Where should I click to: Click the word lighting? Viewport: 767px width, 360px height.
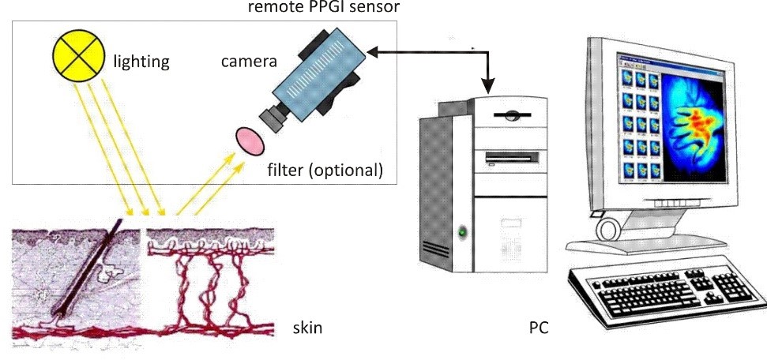(x=141, y=61)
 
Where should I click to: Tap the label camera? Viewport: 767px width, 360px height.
(x=248, y=61)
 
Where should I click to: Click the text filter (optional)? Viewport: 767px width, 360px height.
(x=325, y=169)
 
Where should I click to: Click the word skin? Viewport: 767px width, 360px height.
(x=307, y=327)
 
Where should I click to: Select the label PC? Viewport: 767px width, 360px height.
(x=539, y=327)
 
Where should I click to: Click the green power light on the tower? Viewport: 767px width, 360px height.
(x=464, y=232)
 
